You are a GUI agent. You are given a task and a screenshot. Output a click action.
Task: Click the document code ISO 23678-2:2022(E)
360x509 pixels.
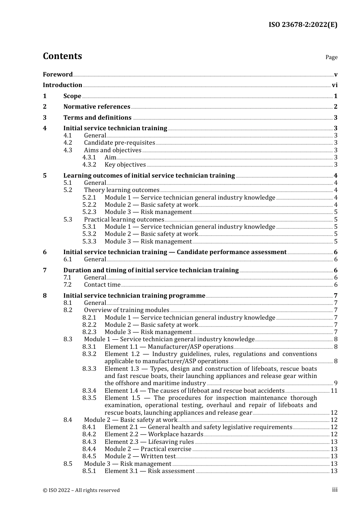[303, 25]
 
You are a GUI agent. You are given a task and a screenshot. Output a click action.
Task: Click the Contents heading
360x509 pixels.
[62, 56]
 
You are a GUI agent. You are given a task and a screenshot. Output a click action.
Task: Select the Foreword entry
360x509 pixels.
[58, 74]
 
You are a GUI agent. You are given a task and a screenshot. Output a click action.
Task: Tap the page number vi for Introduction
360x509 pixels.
[335, 85]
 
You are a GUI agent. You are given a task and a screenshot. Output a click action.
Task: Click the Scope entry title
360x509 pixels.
[72, 96]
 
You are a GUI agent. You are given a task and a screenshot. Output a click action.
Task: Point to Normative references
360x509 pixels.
[97, 107]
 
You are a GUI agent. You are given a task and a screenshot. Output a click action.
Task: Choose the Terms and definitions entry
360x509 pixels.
[97, 118]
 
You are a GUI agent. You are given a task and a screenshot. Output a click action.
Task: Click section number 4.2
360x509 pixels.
[68, 143]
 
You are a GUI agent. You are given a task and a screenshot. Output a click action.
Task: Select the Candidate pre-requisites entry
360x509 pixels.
[119, 143]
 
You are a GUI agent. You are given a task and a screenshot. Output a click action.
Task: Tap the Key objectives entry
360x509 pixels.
[125, 165]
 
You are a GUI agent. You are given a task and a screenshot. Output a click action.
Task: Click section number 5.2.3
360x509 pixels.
[89, 212]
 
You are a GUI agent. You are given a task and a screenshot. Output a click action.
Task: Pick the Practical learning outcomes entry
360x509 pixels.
[124, 220]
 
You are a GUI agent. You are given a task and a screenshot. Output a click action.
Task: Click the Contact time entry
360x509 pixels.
[102, 285]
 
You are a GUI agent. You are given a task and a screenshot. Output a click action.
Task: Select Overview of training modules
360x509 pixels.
[127, 310]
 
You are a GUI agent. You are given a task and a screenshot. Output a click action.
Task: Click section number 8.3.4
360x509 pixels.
[89, 391]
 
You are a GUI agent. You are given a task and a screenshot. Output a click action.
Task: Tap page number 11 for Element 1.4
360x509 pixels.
[334, 391]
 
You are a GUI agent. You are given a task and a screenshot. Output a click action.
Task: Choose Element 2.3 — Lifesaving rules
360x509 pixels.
[149, 442]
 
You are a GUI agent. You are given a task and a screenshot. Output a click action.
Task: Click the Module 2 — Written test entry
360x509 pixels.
[140, 456]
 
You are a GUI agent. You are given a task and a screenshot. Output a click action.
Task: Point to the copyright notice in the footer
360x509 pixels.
[81, 490]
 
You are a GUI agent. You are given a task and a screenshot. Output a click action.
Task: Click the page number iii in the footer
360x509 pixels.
[335, 490]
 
